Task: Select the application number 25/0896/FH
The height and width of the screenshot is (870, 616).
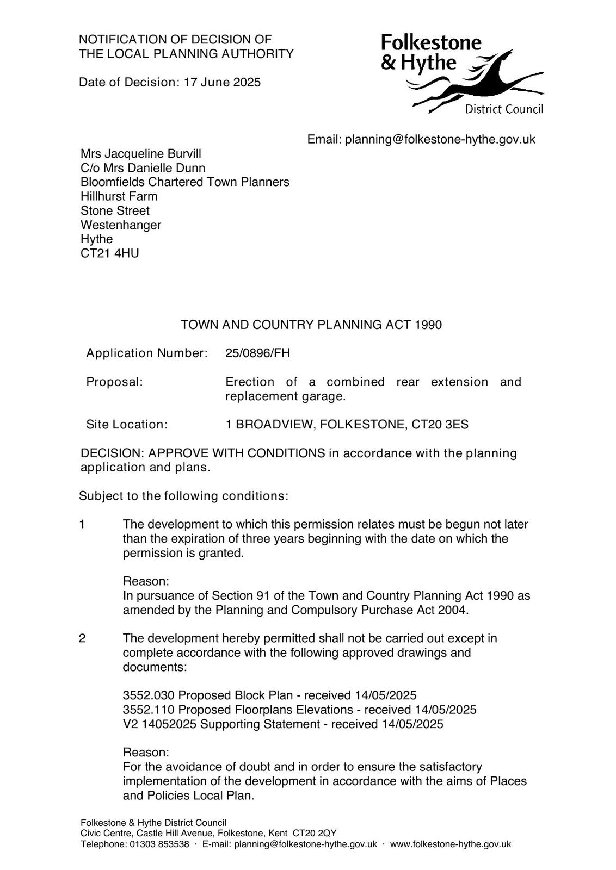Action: pos(257,353)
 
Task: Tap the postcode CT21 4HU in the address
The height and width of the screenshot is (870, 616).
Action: pos(109,253)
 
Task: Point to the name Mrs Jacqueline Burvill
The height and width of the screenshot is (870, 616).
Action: pos(141,154)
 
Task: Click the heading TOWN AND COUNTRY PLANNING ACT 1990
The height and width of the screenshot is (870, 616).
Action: pos(311,325)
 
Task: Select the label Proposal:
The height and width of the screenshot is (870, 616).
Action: pos(114,382)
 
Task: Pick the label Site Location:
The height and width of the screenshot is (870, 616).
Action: pos(127,425)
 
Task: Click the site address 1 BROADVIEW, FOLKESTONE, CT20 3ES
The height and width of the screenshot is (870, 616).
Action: pos(347,425)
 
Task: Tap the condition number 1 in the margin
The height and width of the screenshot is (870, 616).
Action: pos(82,525)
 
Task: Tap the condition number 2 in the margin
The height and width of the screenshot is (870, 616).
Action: pos(82,638)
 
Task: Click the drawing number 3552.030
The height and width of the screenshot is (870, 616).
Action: pos(149,695)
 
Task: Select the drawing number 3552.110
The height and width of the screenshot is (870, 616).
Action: pos(149,710)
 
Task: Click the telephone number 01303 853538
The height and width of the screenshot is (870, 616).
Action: pos(159,844)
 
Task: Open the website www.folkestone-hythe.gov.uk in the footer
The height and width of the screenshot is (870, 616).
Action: pos(451,844)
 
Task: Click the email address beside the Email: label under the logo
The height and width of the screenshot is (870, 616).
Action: pos(440,140)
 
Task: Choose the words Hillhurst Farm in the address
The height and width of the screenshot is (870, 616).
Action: pos(119,197)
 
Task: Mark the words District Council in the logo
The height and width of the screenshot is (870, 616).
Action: pos(504,110)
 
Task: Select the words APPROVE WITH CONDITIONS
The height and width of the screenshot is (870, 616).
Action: pos(237,453)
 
